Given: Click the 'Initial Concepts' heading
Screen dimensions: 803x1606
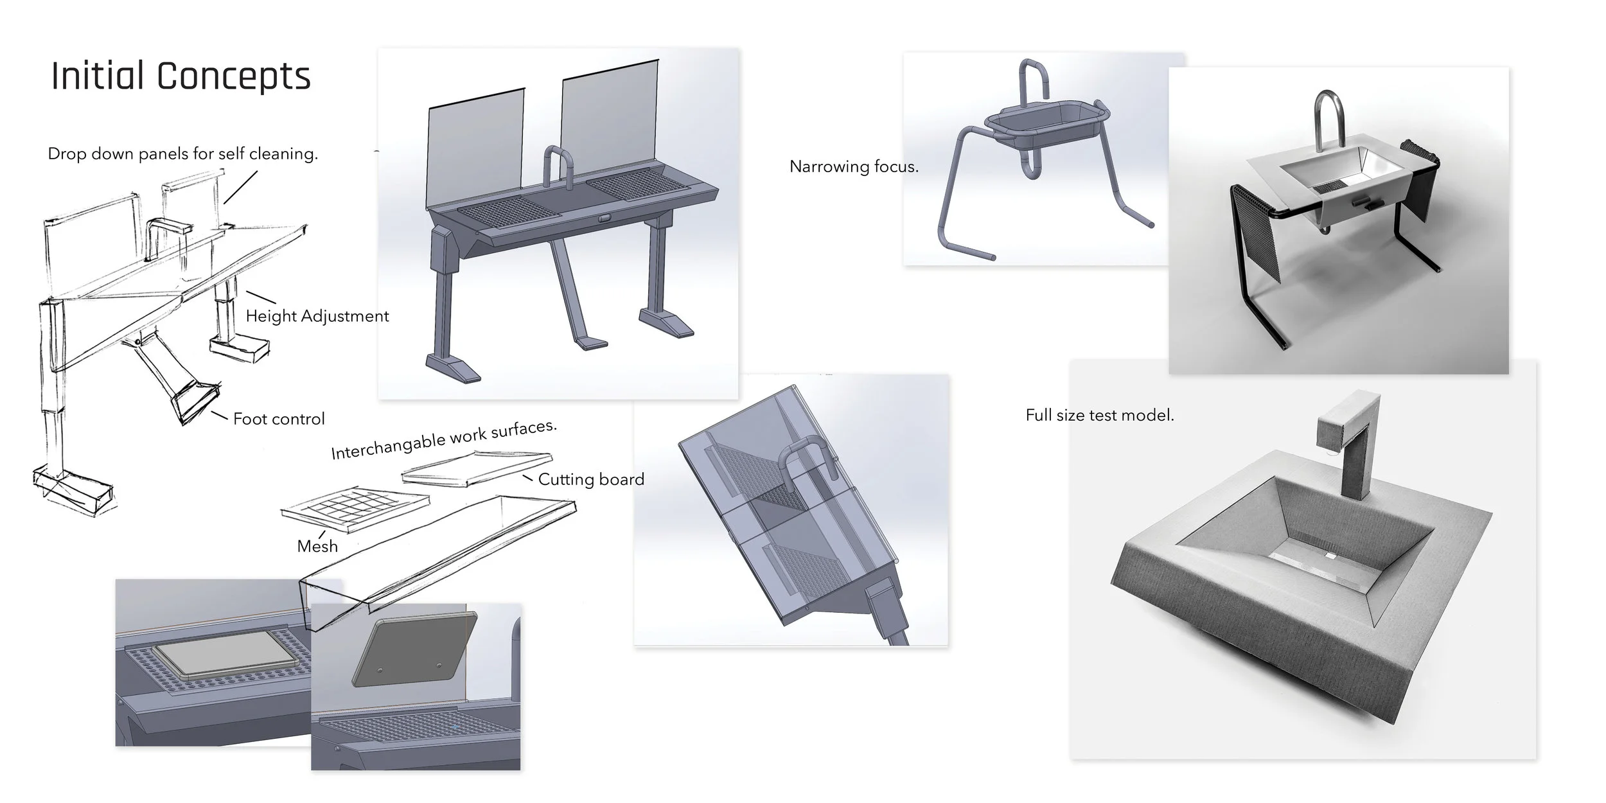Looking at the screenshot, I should pos(181,76).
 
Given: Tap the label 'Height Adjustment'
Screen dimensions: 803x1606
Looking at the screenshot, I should pos(317,316).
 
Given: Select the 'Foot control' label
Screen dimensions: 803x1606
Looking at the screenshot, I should pos(279,419).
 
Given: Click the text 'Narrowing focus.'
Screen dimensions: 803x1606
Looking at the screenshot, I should pos(854,167).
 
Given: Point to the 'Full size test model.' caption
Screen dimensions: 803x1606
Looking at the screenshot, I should pos(1099,416).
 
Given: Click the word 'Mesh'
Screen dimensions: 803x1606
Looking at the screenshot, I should pos(317,546).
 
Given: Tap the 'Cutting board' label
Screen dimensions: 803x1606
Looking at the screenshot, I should pos(591,479).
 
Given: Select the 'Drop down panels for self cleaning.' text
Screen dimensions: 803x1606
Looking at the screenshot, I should pos(183,154).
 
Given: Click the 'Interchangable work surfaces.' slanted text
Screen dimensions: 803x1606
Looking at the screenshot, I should pos(443,440).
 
